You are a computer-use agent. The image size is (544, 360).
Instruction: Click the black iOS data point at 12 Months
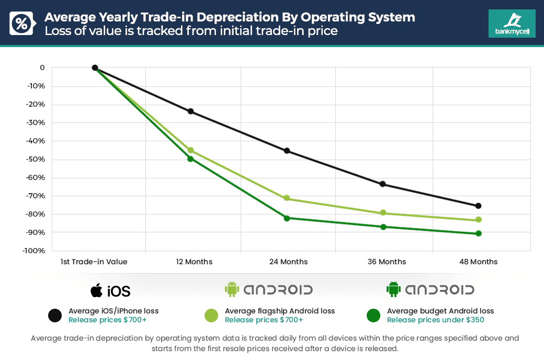(190, 111)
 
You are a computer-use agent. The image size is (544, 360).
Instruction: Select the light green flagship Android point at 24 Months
(287, 198)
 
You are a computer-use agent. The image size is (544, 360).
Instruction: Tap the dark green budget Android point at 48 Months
(478, 233)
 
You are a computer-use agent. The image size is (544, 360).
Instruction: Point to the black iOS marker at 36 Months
(382, 184)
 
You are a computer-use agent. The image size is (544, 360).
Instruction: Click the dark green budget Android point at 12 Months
(190, 159)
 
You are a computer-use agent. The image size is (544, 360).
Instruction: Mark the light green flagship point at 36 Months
(382, 213)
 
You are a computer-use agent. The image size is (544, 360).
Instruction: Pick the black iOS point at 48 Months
(478, 206)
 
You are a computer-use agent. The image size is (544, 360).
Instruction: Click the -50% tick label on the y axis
(36, 159)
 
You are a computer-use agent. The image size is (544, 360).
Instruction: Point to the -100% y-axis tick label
(34, 251)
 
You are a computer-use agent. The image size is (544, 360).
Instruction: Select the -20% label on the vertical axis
(36, 104)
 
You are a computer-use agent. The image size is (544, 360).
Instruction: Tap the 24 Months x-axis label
(288, 262)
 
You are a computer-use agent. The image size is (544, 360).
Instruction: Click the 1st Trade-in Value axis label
(94, 262)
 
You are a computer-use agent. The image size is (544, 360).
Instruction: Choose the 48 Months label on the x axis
(478, 262)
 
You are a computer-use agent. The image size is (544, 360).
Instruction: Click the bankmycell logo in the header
(512, 24)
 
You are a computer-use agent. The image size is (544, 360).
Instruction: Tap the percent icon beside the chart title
(22, 24)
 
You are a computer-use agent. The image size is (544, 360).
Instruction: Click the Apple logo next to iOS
(96, 290)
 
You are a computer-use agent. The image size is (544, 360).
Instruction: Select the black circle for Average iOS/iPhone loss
(55, 316)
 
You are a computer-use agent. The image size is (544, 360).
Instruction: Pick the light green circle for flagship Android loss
(211, 316)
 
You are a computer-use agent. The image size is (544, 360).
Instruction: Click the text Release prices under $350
(435, 320)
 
